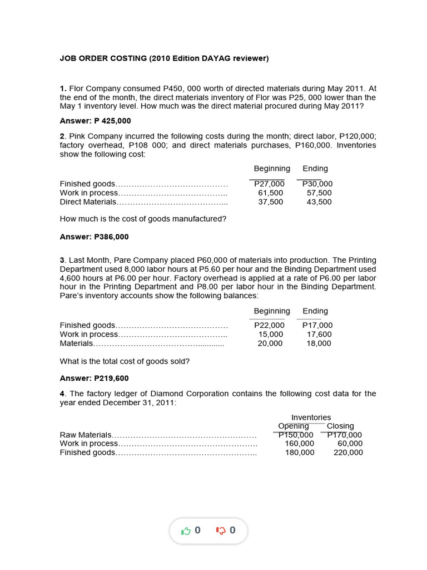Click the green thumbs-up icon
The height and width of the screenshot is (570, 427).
186,530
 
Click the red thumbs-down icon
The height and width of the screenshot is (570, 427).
220,530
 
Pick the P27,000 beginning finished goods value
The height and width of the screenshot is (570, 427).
269,184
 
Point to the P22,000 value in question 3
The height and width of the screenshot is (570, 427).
269,326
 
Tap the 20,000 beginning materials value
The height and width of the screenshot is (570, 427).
270,343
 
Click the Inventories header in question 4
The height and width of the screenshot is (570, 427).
311,417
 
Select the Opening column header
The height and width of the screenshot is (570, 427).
294,426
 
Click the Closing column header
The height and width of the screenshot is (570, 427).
340,426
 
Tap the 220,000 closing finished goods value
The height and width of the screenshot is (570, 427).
348,453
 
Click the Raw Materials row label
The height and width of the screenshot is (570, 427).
86,435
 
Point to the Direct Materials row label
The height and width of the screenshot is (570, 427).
88,202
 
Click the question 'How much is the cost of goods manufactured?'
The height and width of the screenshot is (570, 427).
143,219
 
